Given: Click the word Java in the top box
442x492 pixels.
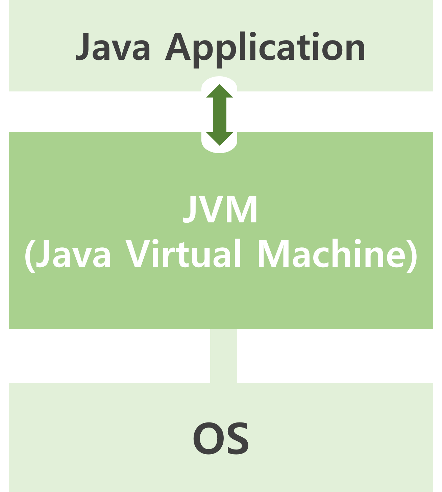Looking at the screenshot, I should click(x=113, y=47).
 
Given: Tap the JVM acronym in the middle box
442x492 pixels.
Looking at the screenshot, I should click(x=220, y=210).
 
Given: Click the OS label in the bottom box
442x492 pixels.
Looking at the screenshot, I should click(x=221, y=438).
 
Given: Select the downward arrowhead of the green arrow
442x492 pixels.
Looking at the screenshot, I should click(x=220, y=139).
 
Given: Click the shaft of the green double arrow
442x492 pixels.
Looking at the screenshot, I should click(x=220, y=115).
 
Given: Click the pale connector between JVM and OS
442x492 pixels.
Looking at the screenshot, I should click(x=223, y=355).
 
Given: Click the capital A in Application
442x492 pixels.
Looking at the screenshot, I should click(x=178, y=47).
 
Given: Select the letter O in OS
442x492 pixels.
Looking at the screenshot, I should click(x=207, y=438).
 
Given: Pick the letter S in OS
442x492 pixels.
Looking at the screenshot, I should click(x=237, y=438).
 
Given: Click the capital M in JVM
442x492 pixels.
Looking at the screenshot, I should click(x=242, y=210).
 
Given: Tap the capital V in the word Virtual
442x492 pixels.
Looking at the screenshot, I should click(x=139, y=253).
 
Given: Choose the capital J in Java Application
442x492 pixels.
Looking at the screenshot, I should click(x=83, y=47).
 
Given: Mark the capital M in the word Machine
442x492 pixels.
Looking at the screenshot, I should click(x=272, y=253).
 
